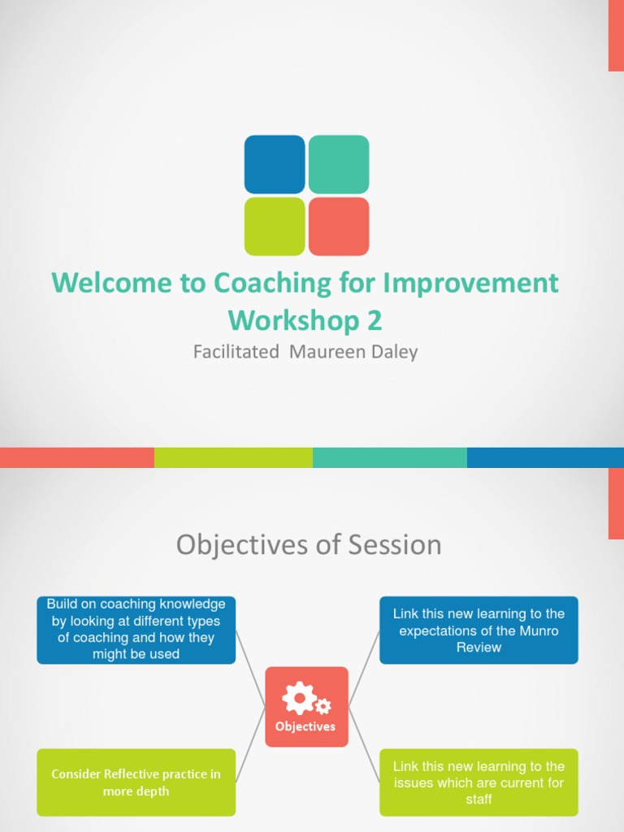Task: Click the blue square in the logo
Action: pos(275,164)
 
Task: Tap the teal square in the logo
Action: pos(339,164)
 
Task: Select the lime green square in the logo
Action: pos(275,227)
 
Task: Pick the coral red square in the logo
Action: pos(339,227)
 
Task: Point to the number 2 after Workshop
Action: pos(374,320)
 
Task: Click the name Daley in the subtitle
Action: pos(392,353)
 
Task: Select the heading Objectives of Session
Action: pos(309,544)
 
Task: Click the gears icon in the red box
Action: pos(305,698)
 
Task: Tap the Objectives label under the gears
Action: pos(305,726)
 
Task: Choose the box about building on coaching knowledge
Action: pos(136,630)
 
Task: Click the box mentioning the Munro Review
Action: pos(479,630)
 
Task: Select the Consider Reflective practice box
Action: pos(136,782)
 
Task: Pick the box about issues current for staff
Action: pos(479,782)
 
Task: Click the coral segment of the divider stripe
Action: pos(77,457)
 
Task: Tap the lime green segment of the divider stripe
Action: pos(233,457)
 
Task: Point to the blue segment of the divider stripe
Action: pos(545,457)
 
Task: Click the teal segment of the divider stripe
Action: pos(389,457)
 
